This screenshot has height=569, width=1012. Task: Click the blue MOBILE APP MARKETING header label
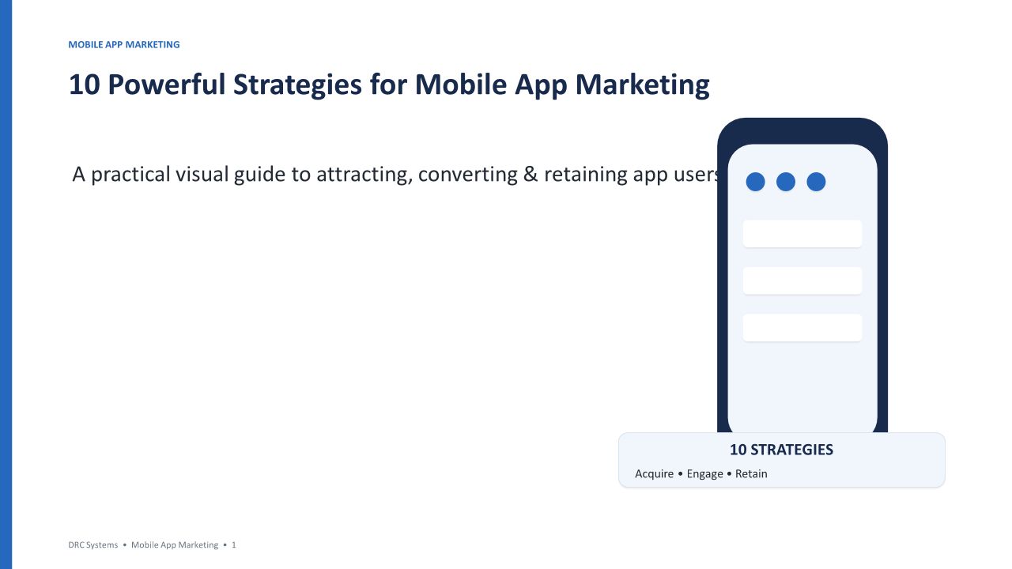[124, 45]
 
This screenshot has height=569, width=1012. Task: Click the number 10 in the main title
[84, 85]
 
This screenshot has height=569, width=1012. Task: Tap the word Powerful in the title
[166, 85]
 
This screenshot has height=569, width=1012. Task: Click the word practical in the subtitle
[130, 175]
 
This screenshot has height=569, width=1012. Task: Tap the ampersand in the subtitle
[530, 175]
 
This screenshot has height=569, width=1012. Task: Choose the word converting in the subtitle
[467, 175]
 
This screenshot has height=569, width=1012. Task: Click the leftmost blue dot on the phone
[755, 182]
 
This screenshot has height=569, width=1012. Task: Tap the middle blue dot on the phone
[786, 182]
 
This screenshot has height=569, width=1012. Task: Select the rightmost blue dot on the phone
[816, 182]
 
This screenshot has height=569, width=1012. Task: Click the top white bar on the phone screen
[802, 233]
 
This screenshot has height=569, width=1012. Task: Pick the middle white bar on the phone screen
[802, 281]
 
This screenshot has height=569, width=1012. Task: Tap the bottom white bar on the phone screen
[802, 327]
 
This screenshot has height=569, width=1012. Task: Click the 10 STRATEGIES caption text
[782, 450]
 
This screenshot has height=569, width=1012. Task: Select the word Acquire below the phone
[654, 474]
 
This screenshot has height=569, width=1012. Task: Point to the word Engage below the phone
[704, 474]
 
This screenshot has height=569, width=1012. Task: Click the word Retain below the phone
[751, 473]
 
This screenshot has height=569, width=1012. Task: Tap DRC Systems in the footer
[93, 545]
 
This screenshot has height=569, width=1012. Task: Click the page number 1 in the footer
[233, 545]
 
